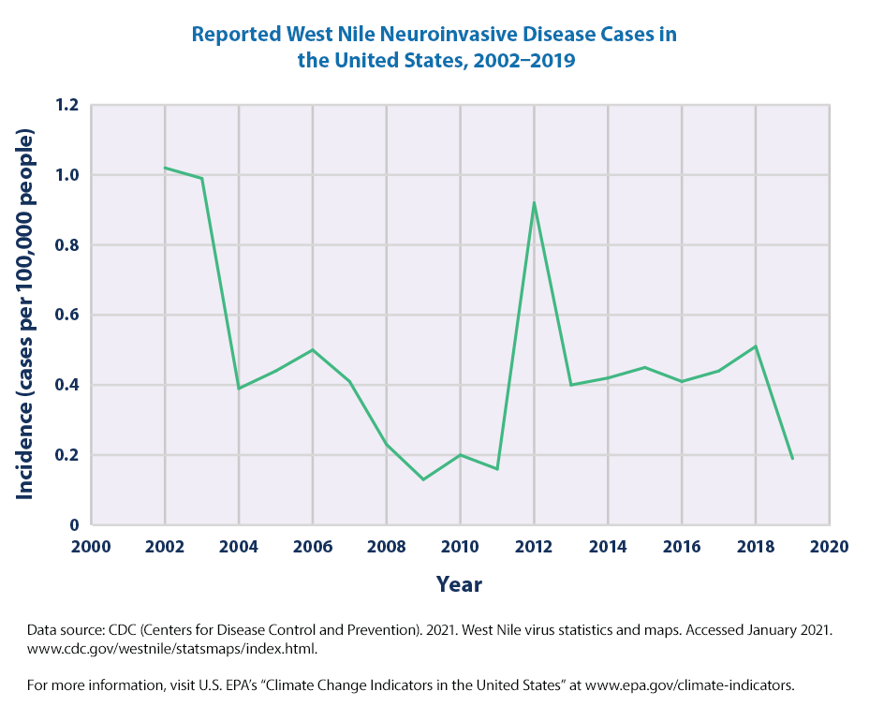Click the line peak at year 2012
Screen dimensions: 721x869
[534, 202]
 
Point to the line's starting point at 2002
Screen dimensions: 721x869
[165, 168]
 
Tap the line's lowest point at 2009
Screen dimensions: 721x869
[423, 479]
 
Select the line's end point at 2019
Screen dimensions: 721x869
[792, 459]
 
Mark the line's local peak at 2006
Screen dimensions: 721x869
[313, 349]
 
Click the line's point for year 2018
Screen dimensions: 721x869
[756, 346]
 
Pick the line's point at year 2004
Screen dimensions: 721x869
[239, 388]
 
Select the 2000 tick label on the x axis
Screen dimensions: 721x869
[91, 547]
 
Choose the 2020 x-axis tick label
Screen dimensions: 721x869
[830, 547]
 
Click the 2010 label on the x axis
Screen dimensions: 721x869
[460, 547]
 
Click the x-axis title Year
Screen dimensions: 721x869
[459, 585]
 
